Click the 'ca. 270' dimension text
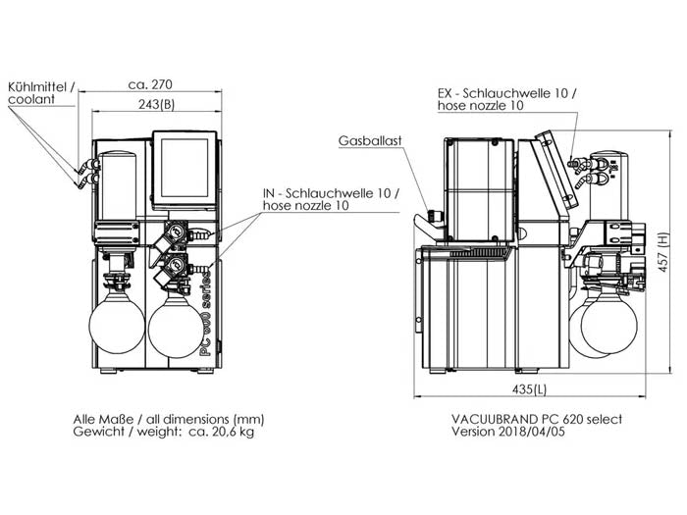coord(152,84)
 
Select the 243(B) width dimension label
coord(155,105)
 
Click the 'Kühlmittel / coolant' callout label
coord(38,93)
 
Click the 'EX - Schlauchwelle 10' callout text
coord(506,93)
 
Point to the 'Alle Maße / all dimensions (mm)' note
coord(168,418)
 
